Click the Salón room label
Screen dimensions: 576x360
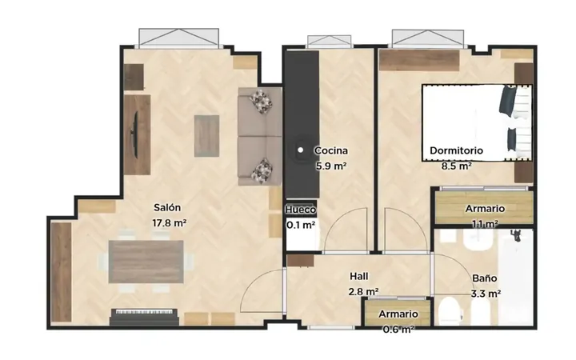pos(167,208)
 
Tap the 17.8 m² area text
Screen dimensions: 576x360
pos(169,223)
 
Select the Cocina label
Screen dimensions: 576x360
pos(331,150)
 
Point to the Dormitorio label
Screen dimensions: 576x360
pos(456,150)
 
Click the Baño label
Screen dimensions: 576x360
pos(485,278)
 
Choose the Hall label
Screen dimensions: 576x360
pos(359,276)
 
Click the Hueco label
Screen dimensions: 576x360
pos(301,210)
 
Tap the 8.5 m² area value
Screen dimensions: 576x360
pos(457,166)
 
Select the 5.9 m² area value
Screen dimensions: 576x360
pos(331,166)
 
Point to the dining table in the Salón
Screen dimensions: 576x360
pos(146,262)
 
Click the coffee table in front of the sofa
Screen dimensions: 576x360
pos(206,136)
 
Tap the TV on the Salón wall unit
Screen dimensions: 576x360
pos(135,135)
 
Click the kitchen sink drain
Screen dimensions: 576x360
pos(301,150)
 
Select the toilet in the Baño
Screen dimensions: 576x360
pos(449,310)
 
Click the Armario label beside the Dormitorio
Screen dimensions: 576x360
pos(485,209)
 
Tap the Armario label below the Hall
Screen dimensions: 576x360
pos(398,314)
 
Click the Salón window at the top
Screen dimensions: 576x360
pos(179,38)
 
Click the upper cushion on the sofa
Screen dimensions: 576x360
pos(261,102)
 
